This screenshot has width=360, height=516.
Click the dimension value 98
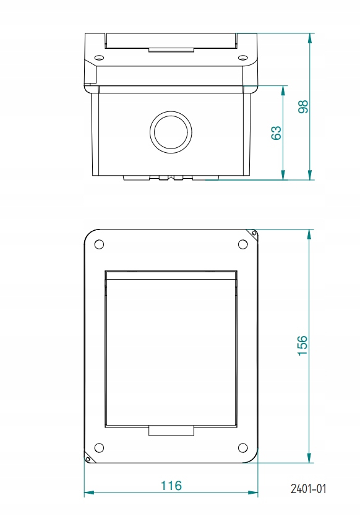pos(303,106)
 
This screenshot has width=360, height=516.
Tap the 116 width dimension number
pos(171,486)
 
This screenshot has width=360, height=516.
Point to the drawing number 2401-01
pos(307,489)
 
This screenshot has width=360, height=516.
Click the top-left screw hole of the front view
pos(98,244)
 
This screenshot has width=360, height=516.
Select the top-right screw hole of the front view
pos(242,244)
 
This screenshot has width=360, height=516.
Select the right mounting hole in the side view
pos(242,58)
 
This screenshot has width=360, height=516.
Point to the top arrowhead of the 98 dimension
pos(309,37)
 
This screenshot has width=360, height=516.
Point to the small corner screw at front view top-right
pos(254,233)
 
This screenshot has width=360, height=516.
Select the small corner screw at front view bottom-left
pos(87,459)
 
